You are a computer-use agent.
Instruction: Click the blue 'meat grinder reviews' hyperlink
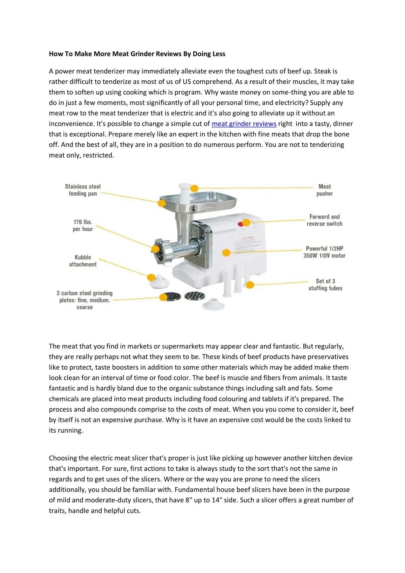[x=244, y=124]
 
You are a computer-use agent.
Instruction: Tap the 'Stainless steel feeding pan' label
[x=83, y=190]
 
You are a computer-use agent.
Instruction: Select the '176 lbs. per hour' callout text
[x=82, y=226]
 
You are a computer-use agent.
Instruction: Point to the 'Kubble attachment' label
[x=83, y=261]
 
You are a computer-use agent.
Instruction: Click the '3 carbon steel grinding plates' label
[x=84, y=300]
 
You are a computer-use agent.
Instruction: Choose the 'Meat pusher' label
[x=325, y=190]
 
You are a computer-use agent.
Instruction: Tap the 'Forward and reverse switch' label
[x=325, y=220]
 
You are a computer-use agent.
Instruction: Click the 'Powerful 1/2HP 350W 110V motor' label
[x=324, y=252]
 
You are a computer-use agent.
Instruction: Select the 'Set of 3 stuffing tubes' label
[x=325, y=285]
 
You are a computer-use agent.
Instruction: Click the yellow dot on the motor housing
[x=226, y=252]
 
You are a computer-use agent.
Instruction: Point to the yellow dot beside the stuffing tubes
[x=249, y=285]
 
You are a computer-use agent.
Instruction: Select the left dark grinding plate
[x=172, y=295]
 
